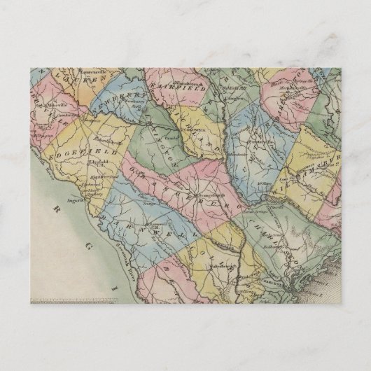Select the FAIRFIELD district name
click(x=183, y=82)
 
